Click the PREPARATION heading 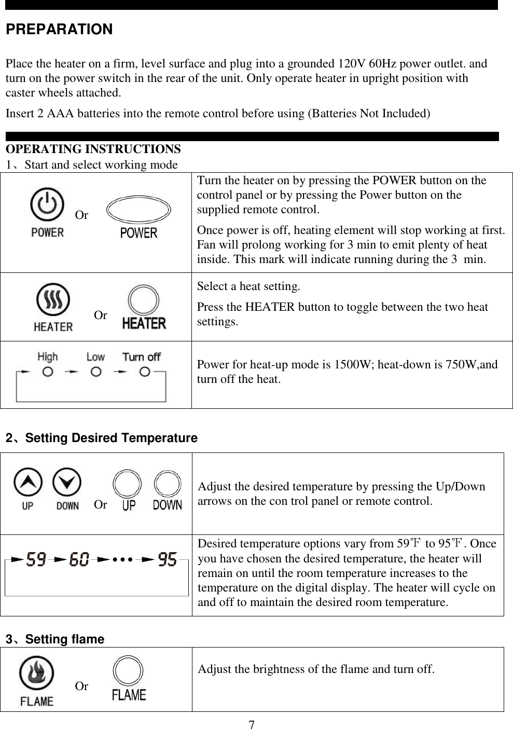click(x=59, y=30)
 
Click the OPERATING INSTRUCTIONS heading click(x=93, y=149)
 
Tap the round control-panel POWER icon click(x=47, y=205)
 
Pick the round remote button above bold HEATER click(x=144, y=301)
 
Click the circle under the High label click(x=48, y=372)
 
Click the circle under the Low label click(x=95, y=372)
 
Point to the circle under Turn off click(x=145, y=372)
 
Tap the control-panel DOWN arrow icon click(x=67, y=482)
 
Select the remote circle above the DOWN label click(x=168, y=485)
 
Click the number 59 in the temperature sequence click(x=36, y=561)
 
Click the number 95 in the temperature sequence click(x=168, y=561)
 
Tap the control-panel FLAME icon click(x=36, y=675)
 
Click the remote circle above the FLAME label click(x=128, y=672)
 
